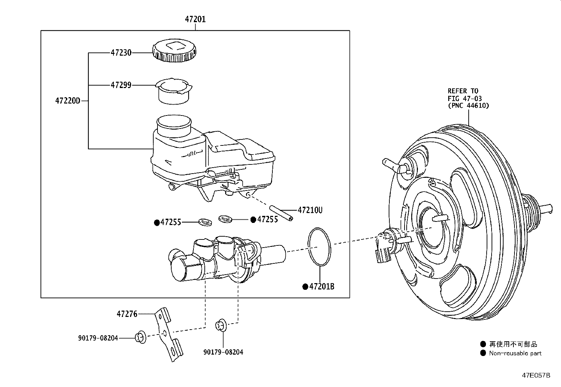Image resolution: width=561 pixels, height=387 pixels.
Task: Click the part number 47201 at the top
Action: tap(195, 19)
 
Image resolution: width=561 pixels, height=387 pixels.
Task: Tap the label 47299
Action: tap(121, 85)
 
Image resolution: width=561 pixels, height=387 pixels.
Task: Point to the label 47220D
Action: tap(68, 101)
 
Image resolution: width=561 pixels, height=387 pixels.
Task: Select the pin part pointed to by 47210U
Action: tap(281, 213)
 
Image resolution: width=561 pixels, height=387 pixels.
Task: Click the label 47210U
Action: tap(310, 210)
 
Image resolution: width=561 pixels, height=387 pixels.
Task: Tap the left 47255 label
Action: tap(171, 222)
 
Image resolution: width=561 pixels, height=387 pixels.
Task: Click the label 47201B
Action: tap(321, 287)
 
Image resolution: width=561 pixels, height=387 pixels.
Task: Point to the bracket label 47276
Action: tap(127, 313)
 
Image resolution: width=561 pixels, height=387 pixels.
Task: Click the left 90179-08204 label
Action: tap(98, 338)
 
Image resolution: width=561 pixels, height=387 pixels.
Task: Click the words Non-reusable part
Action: tap(515, 353)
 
